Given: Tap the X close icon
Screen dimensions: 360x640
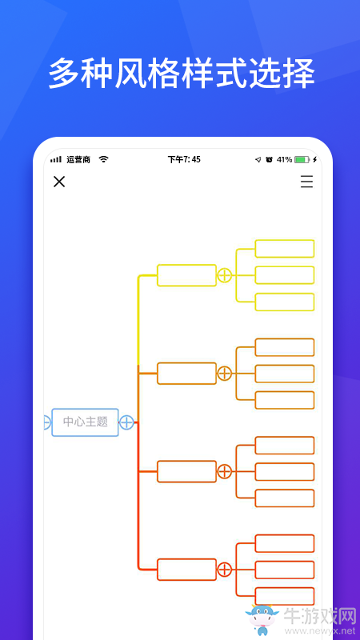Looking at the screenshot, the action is click(x=59, y=182).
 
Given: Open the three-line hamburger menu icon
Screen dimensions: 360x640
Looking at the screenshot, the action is click(x=307, y=182).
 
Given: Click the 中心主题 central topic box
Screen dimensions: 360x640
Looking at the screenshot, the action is click(x=85, y=422).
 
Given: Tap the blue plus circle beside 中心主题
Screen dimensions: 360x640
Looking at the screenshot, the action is click(x=126, y=422).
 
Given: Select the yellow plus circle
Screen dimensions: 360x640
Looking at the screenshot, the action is click(x=224, y=275).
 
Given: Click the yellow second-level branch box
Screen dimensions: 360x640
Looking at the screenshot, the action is click(x=186, y=275).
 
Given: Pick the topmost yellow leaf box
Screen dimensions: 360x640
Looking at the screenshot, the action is click(x=285, y=249).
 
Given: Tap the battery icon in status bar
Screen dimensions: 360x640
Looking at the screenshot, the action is click(x=302, y=159).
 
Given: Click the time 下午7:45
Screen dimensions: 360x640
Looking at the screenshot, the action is click(x=184, y=159).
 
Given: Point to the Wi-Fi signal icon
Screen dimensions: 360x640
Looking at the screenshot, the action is click(x=104, y=159).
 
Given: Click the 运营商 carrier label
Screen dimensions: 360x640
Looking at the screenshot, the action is click(x=78, y=159).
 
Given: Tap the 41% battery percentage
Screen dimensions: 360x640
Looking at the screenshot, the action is click(x=284, y=159).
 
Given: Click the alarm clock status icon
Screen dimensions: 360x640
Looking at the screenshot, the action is click(x=269, y=159).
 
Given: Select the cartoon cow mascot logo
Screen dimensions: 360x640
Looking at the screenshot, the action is click(x=262, y=618).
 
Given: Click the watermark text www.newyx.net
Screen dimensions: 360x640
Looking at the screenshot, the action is click(x=320, y=630).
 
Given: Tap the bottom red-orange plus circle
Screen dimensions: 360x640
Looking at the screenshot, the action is click(x=224, y=570).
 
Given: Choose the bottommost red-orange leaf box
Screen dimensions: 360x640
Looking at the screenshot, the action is click(x=285, y=596).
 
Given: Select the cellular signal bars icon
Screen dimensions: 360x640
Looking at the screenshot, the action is click(x=56, y=159).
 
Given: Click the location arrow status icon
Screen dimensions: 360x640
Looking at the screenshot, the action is click(x=258, y=159).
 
